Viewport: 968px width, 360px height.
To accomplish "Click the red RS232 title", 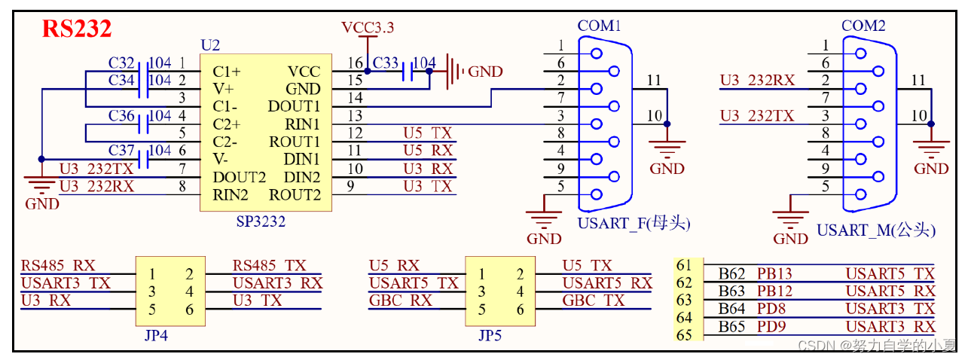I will point(77,29).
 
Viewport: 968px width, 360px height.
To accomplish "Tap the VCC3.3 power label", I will point(367,28).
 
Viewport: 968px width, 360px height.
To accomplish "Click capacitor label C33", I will point(386,62).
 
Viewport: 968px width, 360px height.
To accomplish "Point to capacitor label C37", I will point(121,151).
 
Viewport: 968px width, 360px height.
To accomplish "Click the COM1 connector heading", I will point(599,26).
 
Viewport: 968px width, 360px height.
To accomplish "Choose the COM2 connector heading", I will point(863,26).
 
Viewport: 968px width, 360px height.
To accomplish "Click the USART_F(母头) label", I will point(634,224).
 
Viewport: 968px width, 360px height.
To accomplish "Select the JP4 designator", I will point(156,335).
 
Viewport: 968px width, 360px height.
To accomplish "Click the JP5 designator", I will point(490,335).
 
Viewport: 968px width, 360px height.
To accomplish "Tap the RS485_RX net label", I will point(58,266).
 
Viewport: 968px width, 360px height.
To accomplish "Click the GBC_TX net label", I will point(594,300).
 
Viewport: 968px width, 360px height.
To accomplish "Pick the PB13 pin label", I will point(775,274).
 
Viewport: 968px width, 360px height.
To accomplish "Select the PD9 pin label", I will point(772,327).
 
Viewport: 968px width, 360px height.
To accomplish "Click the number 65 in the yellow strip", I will point(684,335).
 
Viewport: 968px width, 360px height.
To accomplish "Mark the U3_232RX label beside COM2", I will point(757,81).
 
